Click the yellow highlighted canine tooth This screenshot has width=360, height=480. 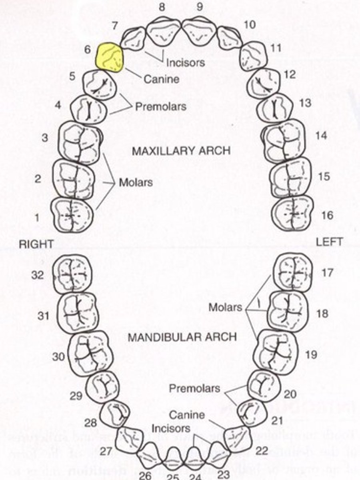109,58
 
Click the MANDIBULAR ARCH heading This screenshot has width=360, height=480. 182,337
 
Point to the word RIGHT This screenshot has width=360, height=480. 36,244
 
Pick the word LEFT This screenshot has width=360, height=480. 329,242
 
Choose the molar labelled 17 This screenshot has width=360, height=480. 292,272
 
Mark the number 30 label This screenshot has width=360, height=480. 58,356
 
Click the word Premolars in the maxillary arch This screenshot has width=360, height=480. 160,107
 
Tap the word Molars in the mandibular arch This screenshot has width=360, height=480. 225,307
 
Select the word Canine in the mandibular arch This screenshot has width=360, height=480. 186,415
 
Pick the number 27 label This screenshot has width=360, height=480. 106,452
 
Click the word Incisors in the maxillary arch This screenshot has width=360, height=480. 186,62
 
